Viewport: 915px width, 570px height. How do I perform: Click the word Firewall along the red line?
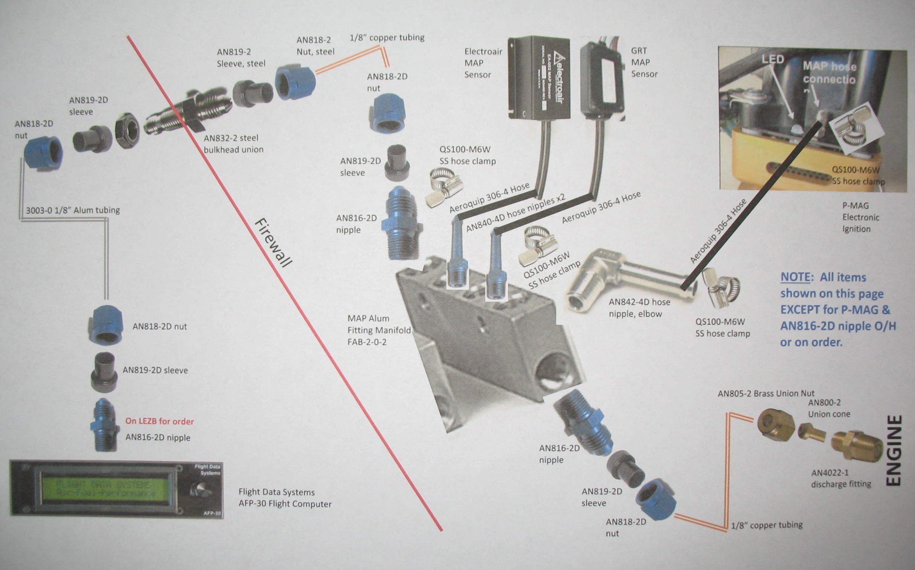tap(273, 243)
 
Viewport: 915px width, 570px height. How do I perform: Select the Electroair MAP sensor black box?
tap(539, 79)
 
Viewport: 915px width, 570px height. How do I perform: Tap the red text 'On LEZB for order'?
tap(159, 421)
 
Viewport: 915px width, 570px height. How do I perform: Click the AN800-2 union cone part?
tap(811, 432)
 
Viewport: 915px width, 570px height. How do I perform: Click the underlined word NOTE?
tap(795, 277)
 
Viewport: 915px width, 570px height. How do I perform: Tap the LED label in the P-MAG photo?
tap(773, 59)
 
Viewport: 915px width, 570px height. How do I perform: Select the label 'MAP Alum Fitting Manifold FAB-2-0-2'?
tap(379, 330)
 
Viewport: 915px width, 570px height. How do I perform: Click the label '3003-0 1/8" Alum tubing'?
tap(73, 210)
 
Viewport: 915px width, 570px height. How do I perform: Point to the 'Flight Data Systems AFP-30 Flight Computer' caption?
tap(285, 497)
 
